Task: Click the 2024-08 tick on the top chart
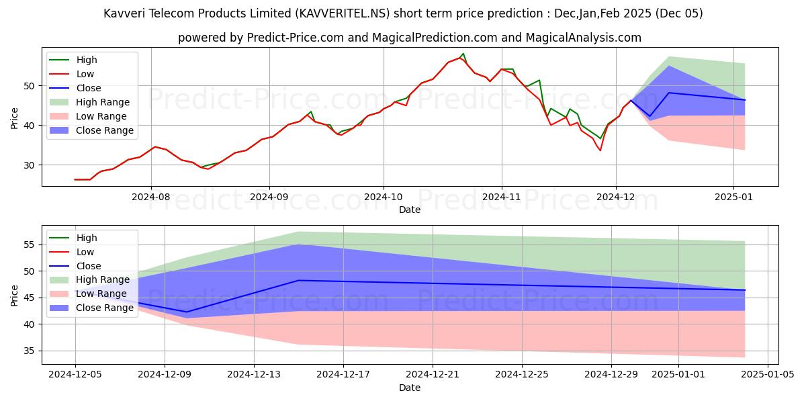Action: [x=150, y=197]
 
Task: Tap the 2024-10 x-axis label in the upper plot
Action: [x=384, y=197]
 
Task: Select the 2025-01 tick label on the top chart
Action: [x=733, y=197]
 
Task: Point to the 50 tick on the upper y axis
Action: [x=29, y=86]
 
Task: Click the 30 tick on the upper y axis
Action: [x=29, y=165]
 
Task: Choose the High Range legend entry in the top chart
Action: [x=103, y=102]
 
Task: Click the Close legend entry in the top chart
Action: [x=89, y=88]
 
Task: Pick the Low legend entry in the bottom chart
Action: [x=85, y=252]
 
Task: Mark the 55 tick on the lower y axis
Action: [x=29, y=245]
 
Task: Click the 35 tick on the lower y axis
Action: [x=29, y=351]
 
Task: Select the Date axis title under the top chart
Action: [x=410, y=210]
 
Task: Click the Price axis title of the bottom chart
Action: [x=15, y=295]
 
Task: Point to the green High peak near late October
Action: [x=463, y=54]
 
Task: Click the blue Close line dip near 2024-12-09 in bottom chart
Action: [x=187, y=312]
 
